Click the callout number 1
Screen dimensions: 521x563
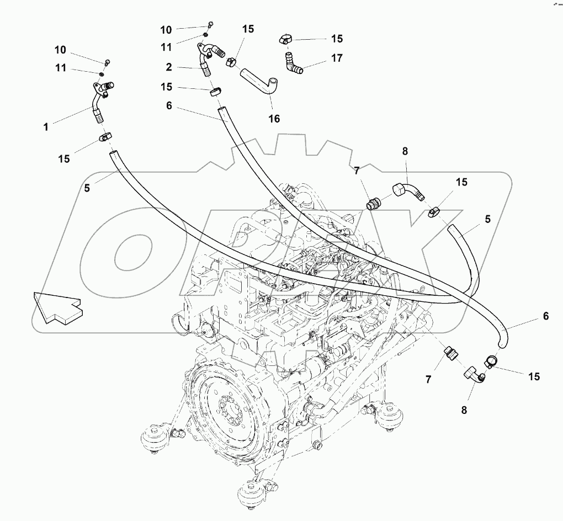[x=46, y=127]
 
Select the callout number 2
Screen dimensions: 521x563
[x=168, y=67]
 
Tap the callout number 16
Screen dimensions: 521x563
[x=274, y=119]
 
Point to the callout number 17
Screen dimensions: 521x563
[x=337, y=57]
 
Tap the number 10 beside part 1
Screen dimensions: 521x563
[x=60, y=50]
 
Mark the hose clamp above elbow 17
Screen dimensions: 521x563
[x=285, y=39]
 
